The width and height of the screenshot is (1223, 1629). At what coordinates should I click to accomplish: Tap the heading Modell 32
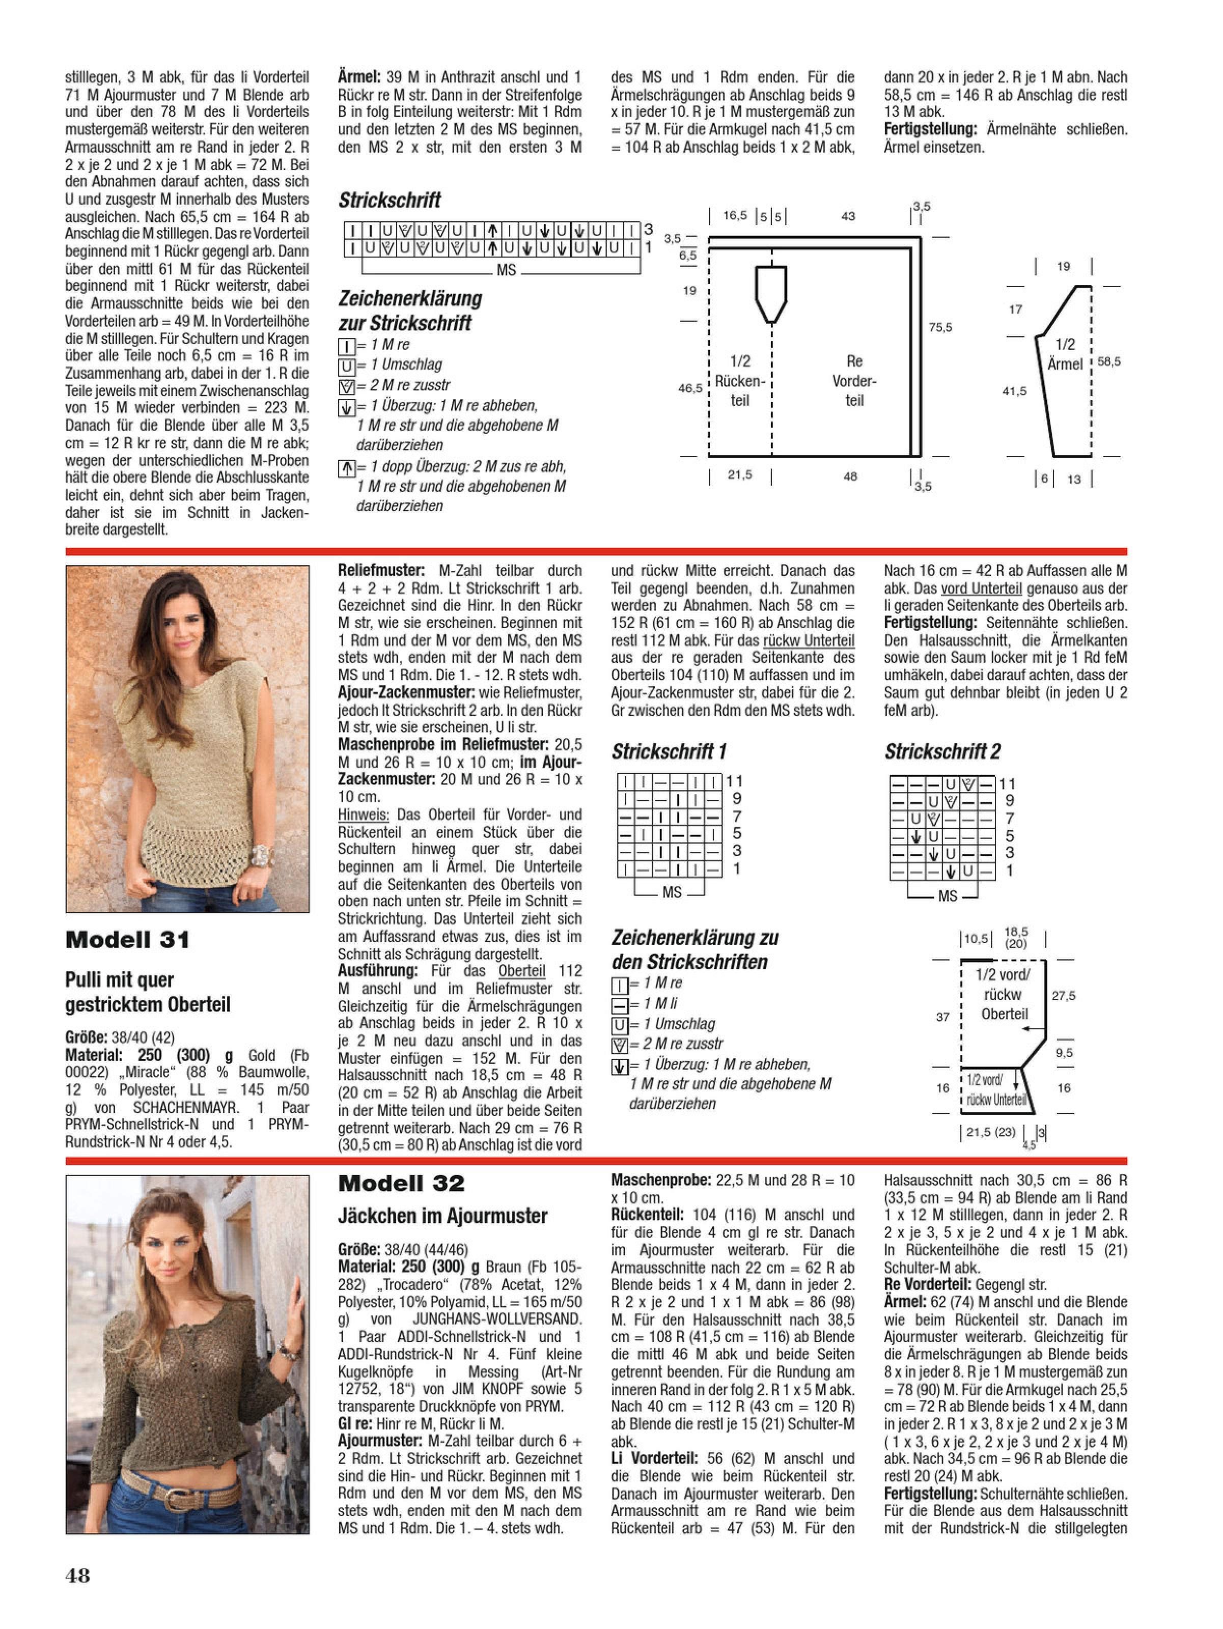pyautogui.click(x=402, y=1184)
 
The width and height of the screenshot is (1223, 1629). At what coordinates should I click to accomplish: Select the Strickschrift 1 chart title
pyautogui.click(x=669, y=752)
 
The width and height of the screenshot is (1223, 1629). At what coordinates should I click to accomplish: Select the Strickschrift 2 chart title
pyautogui.click(x=942, y=752)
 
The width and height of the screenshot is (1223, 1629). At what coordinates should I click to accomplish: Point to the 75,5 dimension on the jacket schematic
pyautogui.click(x=940, y=327)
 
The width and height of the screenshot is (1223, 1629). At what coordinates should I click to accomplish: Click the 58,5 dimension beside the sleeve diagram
pyautogui.click(x=1109, y=361)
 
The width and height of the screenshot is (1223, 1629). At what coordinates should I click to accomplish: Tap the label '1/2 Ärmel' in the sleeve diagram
pyautogui.click(x=1065, y=354)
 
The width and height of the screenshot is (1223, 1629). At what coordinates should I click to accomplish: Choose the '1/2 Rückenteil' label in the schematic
pyautogui.click(x=740, y=381)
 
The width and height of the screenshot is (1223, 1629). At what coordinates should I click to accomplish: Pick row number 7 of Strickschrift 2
pyautogui.click(x=1009, y=818)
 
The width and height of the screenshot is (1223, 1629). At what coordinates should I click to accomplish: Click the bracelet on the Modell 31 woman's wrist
pyautogui.click(x=262, y=856)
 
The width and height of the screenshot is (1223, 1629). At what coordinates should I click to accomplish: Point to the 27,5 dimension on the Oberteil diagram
pyautogui.click(x=1063, y=996)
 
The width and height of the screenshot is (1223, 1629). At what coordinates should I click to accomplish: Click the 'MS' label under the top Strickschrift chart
pyautogui.click(x=506, y=270)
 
